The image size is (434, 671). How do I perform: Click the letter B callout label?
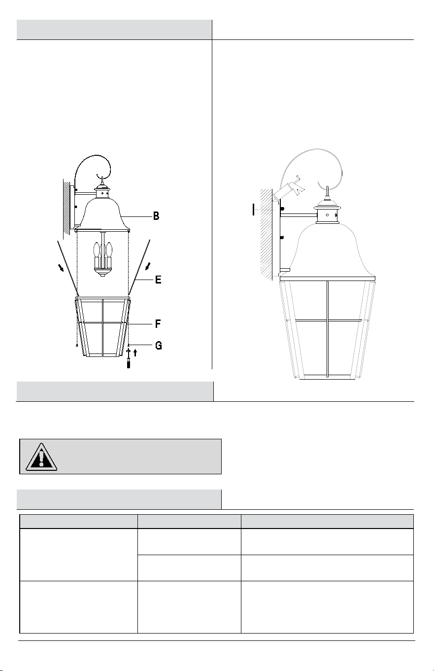coord(156,216)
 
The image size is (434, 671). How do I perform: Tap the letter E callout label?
coord(158,280)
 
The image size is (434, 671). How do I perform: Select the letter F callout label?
coord(158,324)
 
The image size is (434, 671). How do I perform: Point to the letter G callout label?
coord(159,346)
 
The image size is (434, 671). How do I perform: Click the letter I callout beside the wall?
coord(254,210)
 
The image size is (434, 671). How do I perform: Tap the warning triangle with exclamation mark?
coord(41,457)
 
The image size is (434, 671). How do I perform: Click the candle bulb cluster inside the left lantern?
coord(102,258)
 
